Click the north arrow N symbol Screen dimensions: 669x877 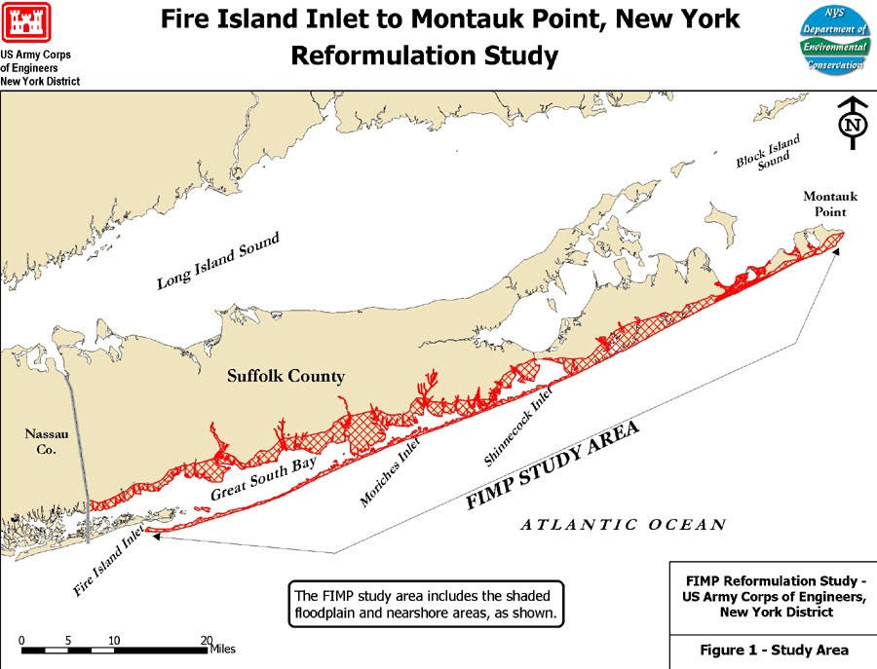click(855, 124)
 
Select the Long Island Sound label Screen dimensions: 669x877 click(218, 261)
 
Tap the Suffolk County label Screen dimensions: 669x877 click(286, 376)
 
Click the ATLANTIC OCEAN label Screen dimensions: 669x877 click(623, 525)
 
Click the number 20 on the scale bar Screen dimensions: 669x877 click(206, 639)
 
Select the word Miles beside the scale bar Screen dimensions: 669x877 click(222, 649)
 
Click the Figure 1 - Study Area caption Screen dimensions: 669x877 click(774, 650)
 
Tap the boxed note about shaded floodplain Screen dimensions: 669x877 click(427, 604)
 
